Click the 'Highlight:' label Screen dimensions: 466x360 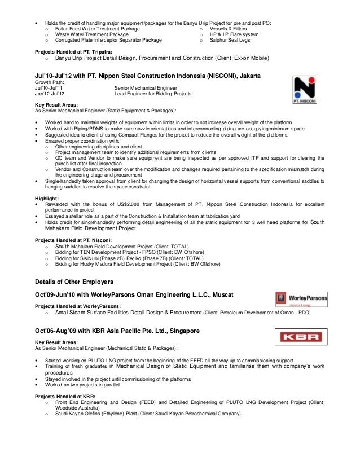click(x=47, y=199)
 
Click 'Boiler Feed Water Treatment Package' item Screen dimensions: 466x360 click(x=98, y=28)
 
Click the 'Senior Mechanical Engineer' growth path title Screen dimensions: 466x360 click(x=146, y=88)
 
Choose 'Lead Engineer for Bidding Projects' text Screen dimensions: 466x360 click(x=153, y=94)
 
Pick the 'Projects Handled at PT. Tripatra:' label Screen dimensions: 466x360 click(x=74, y=52)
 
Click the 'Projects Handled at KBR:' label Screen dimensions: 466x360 click(x=65, y=397)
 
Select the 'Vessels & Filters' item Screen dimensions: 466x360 click(x=228, y=28)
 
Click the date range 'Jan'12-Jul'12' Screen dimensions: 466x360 click(x=50, y=94)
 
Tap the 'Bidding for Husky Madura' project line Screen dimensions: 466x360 click(x=138, y=263)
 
